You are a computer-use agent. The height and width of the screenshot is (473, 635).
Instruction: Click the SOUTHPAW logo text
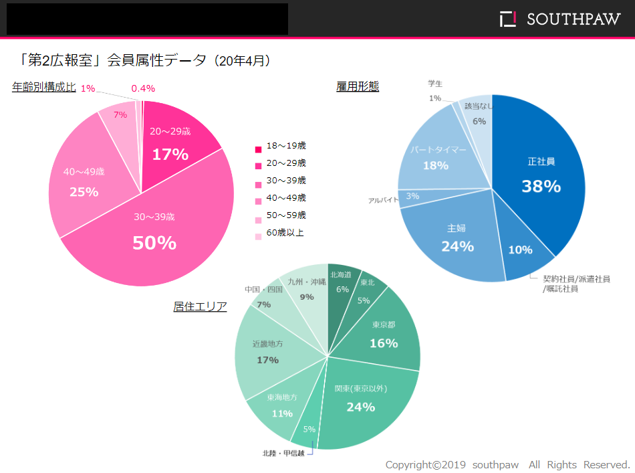pos(573,19)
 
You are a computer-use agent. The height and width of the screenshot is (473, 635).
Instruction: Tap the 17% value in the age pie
pos(170,155)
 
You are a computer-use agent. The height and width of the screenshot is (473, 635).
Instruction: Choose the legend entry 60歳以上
pos(285,233)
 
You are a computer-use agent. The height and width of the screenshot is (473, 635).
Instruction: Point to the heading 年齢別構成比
pos(43,88)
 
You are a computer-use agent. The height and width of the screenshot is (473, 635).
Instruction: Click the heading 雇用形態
pos(358,86)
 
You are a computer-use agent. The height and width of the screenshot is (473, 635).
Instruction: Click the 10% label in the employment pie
pos(520,250)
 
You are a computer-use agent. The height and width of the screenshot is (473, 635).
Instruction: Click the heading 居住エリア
pos(200,306)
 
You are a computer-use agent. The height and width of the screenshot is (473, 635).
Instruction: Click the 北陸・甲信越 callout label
pos(283,453)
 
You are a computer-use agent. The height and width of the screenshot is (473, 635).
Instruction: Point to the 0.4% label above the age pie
pos(143,88)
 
